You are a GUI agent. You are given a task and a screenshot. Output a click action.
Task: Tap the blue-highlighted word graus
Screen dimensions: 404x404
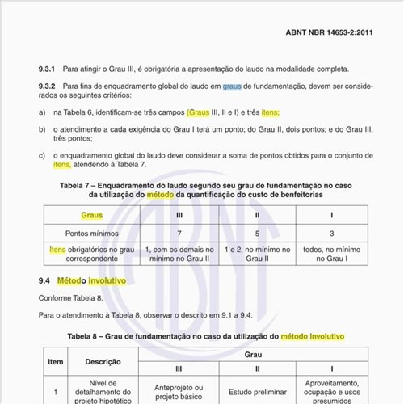tap(232, 85)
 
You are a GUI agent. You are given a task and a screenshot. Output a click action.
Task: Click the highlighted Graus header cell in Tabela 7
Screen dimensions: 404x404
tap(92, 216)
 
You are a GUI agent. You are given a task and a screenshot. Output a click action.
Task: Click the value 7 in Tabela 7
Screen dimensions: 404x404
tap(179, 233)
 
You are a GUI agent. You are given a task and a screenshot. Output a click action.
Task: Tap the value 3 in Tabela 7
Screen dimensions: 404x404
tap(332, 233)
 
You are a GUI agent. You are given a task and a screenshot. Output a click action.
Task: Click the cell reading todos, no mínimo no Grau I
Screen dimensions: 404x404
tap(332, 255)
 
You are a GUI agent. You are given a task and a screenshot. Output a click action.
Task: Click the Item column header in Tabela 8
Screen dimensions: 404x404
tap(55, 362)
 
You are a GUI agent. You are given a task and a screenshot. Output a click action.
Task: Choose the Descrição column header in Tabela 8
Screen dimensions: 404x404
tap(103, 362)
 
